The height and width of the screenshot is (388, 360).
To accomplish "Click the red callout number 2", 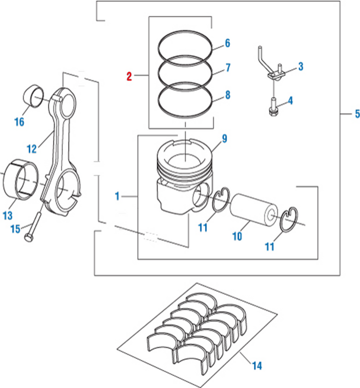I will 129,76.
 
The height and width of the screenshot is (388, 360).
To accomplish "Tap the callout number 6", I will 227,44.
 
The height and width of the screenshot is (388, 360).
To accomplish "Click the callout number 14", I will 256,366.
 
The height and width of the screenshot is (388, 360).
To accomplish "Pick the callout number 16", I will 19,122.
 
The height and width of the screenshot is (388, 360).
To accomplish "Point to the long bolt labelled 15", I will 32,225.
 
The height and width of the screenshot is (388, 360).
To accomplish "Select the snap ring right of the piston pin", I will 288,219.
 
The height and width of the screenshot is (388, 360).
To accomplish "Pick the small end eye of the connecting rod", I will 65,101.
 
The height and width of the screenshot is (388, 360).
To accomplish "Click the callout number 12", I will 31,148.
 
